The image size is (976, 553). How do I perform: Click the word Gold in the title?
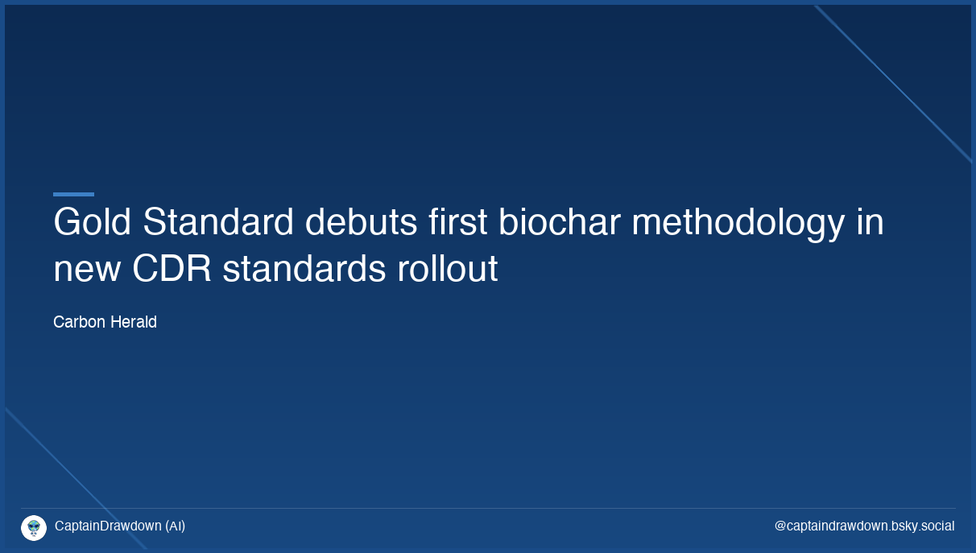click(92, 223)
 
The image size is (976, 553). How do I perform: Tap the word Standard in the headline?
click(218, 223)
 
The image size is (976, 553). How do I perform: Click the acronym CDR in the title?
click(172, 270)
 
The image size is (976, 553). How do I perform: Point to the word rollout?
click(447, 270)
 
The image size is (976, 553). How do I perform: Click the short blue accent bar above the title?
click(73, 194)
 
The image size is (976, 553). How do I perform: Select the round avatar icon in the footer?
click(34, 527)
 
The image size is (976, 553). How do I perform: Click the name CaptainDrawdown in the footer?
click(108, 526)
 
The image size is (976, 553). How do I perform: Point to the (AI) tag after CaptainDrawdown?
click(175, 526)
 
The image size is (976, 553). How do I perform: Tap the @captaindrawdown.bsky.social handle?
click(864, 526)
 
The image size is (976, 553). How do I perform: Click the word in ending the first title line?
click(870, 223)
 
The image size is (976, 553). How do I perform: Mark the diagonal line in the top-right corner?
click(894, 84)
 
